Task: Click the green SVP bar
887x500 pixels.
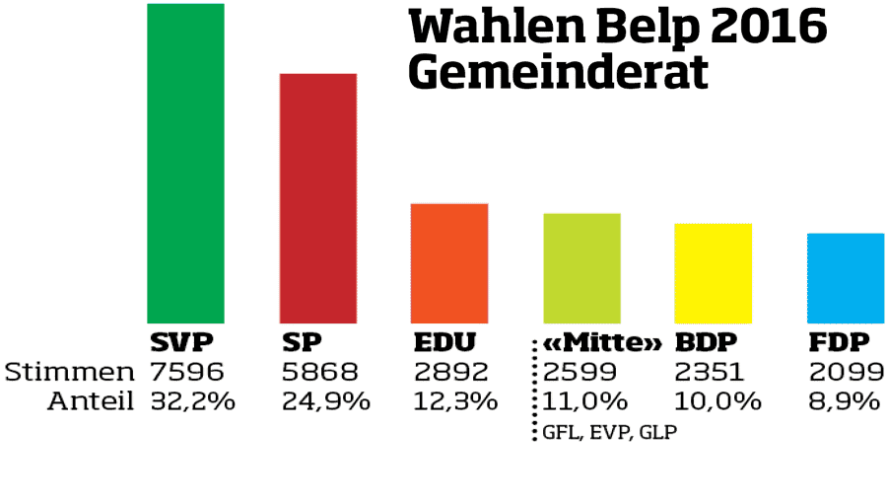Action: click(x=185, y=163)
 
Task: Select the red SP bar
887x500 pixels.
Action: click(x=318, y=197)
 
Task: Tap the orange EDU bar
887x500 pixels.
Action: click(x=449, y=262)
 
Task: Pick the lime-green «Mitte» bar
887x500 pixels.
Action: click(x=581, y=267)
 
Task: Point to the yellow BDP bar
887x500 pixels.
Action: click(x=714, y=272)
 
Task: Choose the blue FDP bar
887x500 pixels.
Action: click(x=845, y=277)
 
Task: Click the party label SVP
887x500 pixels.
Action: click(x=181, y=343)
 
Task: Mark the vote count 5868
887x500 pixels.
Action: click(x=319, y=372)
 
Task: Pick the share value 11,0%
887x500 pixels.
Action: click(x=585, y=401)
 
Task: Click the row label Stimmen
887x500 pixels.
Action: click(x=69, y=372)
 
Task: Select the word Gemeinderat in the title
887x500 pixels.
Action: click(x=558, y=72)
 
